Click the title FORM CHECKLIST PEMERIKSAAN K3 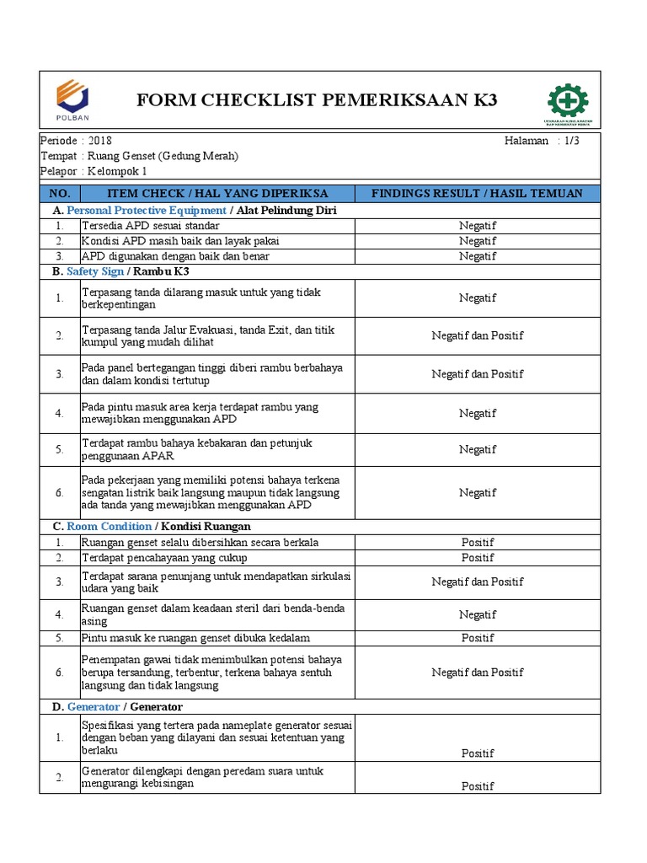click(x=317, y=101)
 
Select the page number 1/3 click(x=571, y=141)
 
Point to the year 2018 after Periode click(x=99, y=141)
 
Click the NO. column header click(x=60, y=193)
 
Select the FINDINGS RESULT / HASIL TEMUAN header click(x=477, y=193)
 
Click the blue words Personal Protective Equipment click(x=147, y=210)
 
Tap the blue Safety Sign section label click(x=94, y=271)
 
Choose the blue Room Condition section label click(x=110, y=526)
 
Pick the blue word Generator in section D click(x=93, y=706)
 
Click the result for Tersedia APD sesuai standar click(x=477, y=226)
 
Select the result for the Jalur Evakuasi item click(x=477, y=335)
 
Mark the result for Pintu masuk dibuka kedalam click(x=477, y=638)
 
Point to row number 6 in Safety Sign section click(x=60, y=492)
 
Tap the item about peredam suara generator click(x=202, y=777)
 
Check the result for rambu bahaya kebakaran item click(x=477, y=449)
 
